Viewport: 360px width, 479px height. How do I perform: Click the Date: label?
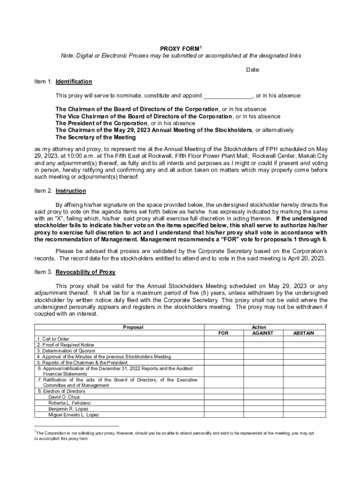(x=253, y=70)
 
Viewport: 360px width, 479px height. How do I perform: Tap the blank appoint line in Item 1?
(x=228, y=96)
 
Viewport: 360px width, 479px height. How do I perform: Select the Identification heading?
(x=74, y=82)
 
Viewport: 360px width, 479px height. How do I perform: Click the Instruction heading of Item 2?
(x=71, y=191)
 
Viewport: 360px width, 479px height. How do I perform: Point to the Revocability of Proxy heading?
(x=85, y=272)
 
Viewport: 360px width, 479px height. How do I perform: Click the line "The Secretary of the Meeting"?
(x=95, y=138)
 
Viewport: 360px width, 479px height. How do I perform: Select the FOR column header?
(x=224, y=334)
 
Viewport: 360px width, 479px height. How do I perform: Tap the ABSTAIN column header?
(x=304, y=334)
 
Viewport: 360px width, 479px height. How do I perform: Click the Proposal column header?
(x=133, y=327)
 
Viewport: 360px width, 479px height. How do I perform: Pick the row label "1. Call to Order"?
(x=53, y=339)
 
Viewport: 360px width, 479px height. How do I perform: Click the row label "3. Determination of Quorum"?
(x=66, y=351)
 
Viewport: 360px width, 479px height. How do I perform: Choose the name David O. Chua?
(x=64, y=397)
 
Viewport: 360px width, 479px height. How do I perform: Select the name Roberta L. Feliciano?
(x=70, y=403)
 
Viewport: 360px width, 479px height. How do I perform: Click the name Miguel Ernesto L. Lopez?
(x=73, y=414)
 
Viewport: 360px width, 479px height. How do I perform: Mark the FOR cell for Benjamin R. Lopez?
(x=224, y=409)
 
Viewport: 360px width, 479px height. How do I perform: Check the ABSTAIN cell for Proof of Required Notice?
(x=304, y=345)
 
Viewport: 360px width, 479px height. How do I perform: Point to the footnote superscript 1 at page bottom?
(x=36, y=431)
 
